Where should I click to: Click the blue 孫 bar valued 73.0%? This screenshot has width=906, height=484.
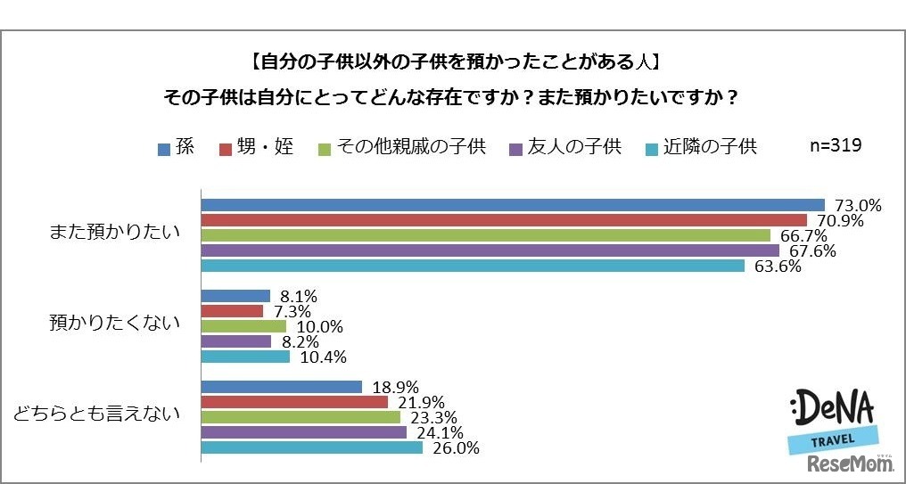click(513, 205)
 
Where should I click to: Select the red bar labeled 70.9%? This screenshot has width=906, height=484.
click(504, 220)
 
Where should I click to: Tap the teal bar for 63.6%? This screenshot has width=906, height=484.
click(473, 266)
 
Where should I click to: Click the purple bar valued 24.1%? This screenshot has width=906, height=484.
click(304, 432)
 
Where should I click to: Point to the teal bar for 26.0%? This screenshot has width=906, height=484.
click(312, 447)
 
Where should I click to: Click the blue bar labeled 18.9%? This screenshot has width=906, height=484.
click(282, 387)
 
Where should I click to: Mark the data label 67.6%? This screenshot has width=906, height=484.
click(811, 251)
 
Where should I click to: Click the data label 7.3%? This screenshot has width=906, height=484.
click(290, 311)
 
